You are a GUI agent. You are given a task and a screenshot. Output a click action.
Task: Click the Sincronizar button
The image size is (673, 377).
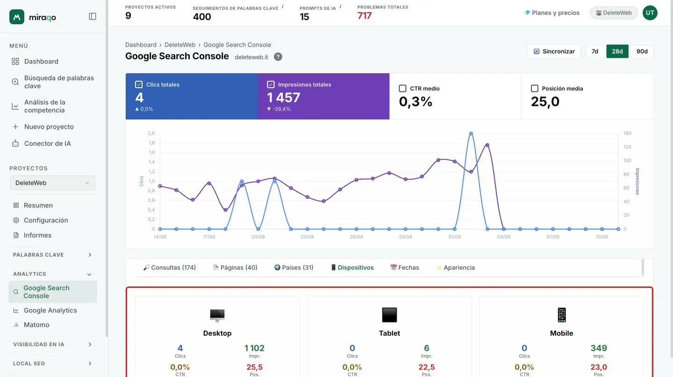tap(554, 51)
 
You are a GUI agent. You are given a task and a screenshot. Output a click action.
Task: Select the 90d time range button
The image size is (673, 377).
tap(642, 51)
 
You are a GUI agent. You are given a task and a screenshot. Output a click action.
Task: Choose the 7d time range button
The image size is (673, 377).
tap(594, 51)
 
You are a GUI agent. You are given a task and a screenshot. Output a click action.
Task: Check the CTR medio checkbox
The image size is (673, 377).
tap(402, 89)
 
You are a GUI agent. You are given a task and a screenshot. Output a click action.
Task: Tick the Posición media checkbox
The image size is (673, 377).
tap(535, 89)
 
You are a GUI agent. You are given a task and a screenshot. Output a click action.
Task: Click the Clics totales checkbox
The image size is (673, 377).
tap(138, 84)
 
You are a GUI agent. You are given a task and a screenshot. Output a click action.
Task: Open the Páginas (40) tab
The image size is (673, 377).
tap(235, 267)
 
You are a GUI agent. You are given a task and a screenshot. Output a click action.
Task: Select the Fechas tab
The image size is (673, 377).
tap(404, 267)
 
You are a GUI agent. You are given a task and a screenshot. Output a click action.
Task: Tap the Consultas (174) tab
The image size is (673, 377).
tap(170, 267)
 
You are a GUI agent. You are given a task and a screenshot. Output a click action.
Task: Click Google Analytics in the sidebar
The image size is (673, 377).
tap(50, 310)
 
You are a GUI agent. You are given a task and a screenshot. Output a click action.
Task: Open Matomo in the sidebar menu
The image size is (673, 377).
tap(36, 325)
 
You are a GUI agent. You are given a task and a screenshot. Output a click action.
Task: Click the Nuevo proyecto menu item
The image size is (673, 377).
tap(49, 126)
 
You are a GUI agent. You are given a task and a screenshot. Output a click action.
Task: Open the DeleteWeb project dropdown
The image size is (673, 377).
tap(52, 182)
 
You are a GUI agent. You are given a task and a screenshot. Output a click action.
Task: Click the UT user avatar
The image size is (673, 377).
tap(650, 13)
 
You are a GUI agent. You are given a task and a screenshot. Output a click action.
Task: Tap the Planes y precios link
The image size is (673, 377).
tap(552, 13)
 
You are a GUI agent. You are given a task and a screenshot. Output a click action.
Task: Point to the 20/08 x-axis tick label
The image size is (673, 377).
tap(258, 237)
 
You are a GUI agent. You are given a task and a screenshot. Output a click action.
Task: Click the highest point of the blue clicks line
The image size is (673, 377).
tap(471, 133)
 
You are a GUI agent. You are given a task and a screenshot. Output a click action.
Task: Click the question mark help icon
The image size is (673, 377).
tap(278, 56)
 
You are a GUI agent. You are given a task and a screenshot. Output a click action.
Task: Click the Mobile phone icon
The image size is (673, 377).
tap(562, 315)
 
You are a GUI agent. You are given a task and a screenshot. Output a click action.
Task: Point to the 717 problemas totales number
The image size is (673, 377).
tap(365, 15)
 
